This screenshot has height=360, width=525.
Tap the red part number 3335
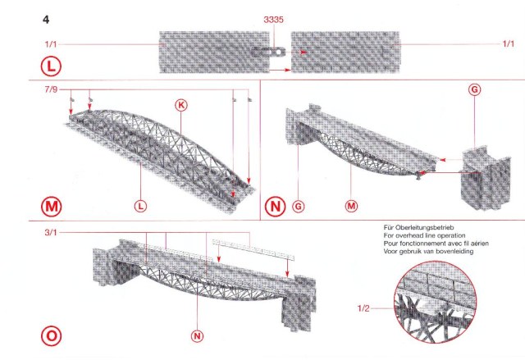[x=276, y=18]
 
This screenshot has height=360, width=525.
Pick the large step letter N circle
[x=276, y=206]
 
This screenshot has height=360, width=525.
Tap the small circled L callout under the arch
[x=142, y=206]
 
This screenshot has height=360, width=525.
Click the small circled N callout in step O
[x=196, y=335]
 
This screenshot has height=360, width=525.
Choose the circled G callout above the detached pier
[x=473, y=89]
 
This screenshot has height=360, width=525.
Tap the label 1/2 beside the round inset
[x=364, y=308]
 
